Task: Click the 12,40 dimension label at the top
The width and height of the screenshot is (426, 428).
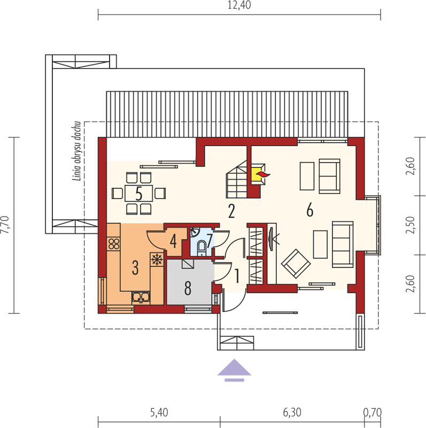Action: click(239, 5)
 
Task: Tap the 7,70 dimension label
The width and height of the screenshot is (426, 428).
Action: click(5, 225)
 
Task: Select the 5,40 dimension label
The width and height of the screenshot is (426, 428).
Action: click(159, 412)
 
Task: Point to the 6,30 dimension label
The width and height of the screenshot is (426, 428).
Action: click(292, 412)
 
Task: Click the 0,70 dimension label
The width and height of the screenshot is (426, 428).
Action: click(372, 412)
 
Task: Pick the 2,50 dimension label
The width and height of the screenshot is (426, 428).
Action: click(410, 225)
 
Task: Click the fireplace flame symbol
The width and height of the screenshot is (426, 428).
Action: click(263, 174)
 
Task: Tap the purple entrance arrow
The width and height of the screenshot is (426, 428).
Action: click(234, 370)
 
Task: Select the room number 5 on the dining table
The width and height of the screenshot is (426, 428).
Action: click(139, 194)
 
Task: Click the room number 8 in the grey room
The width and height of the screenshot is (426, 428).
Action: click(188, 288)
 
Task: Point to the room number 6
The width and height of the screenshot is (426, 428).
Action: click(310, 210)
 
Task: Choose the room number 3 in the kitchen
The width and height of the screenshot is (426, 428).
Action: click(135, 267)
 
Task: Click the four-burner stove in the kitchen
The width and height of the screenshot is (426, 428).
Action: click(114, 244)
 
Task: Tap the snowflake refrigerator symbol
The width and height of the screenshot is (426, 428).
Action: click(157, 259)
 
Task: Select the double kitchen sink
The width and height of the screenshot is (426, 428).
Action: click(141, 297)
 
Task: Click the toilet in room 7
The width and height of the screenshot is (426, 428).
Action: click(202, 247)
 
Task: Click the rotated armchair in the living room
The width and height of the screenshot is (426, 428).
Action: click(296, 264)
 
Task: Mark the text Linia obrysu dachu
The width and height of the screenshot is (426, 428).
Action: click(77, 151)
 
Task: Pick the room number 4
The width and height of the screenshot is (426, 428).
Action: click(173, 241)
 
